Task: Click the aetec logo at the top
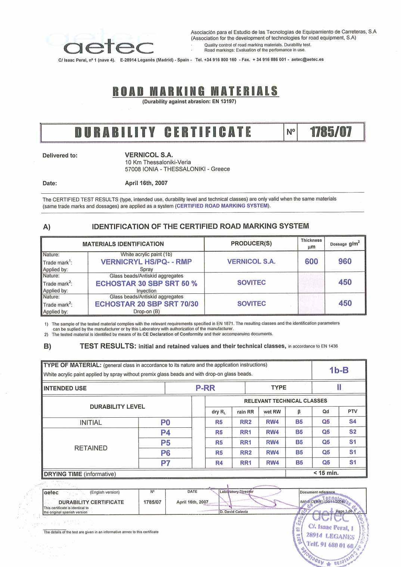pos(108,47)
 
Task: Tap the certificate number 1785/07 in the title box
pos(330,132)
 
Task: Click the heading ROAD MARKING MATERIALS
pos(195,91)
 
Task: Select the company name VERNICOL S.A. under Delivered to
pos(149,155)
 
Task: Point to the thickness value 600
pos(311,261)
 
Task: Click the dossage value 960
pos(345,261)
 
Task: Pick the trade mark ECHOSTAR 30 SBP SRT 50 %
pos(146,283)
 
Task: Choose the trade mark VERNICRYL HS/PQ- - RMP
pos(146,262)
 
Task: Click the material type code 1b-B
pos(339,370)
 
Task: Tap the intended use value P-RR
pos(205,388)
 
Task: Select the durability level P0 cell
pos(165,422)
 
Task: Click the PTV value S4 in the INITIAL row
pos(352,421)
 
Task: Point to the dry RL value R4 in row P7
pos(219,463)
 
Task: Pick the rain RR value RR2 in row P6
pos(245,452)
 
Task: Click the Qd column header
pos(326,411)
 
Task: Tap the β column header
pos(299,411)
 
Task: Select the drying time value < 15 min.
pos(326,473)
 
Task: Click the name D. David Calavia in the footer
pos(234,511)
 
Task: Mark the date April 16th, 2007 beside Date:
pos(146,183)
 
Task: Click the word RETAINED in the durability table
pos(91,448)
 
